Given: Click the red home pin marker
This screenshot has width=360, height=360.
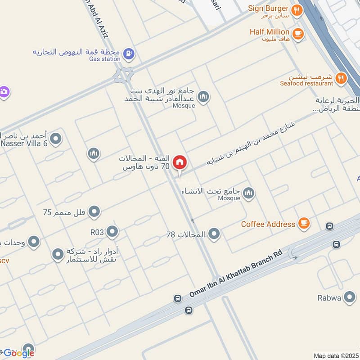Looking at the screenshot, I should pyautogui.click(x=180, y=163).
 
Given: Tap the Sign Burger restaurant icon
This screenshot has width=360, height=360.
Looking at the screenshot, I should pyautogui.click(x=297, y=10).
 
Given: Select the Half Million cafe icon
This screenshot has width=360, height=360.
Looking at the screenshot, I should pyautogui.click(x=297, y=33).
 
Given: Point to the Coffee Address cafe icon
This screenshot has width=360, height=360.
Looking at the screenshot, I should pyautogui.click(x=304, y=223).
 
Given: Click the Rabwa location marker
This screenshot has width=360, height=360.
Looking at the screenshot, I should pyautogui.click(x=349, y=297).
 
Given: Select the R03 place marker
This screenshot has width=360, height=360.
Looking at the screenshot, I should pyautogui.click(x=112, y=232).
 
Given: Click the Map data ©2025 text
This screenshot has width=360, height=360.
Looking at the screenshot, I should pyautogui.click(x=335, y=355).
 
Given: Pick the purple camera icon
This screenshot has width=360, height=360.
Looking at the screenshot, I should pyautogui.click(x=4, y=92).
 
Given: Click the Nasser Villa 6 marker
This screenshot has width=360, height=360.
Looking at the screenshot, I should pyautogui.click(x=56, y=139).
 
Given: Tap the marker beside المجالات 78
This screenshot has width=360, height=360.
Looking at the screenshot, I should pyautogui.click(x=214, y=234).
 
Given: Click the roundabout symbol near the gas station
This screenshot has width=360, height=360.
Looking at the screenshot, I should pyautogui.click(x=123, y=75).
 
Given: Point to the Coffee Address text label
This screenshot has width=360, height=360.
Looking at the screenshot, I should pyautogui.click(x=268, y=224).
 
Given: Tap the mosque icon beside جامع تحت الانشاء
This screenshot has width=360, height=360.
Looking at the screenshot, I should pyautogui.click(x=248, y=194).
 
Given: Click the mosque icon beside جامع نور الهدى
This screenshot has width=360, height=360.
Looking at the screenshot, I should pyautogui.click(x=203, y=97).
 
